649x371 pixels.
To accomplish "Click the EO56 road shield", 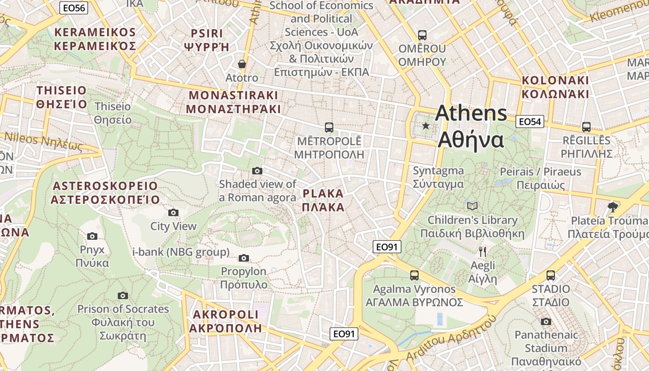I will tap(74, 8).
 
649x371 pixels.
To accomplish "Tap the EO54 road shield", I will tap(529, 122).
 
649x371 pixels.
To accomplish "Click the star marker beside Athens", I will tap(426, 126).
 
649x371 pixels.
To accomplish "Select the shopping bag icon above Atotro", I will tap(242, 64).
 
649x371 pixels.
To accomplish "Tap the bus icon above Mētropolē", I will tap(329, 127).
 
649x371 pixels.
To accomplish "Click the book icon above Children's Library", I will tap(472, 206).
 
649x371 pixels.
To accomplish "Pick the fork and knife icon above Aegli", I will tap(483, 252).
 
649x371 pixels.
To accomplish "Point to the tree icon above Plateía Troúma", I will tap(612, 207).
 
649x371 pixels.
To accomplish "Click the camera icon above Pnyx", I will tap(92, 236).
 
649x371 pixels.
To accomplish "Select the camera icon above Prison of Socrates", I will tap(123, 295).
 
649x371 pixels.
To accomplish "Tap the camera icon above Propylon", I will tap(243, 258).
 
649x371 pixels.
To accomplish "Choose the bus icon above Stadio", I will tap(551, 275).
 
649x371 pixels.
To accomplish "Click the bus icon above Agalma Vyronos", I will tap(414, 275).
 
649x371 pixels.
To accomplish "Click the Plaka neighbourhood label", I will tap(323, 200).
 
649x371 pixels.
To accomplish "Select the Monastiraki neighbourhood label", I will tap(234, 102).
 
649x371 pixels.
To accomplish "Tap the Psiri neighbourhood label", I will tap(207, 40).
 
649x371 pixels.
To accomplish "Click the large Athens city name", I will tap(471, 126).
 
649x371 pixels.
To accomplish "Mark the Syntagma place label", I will tap(438, 177).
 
